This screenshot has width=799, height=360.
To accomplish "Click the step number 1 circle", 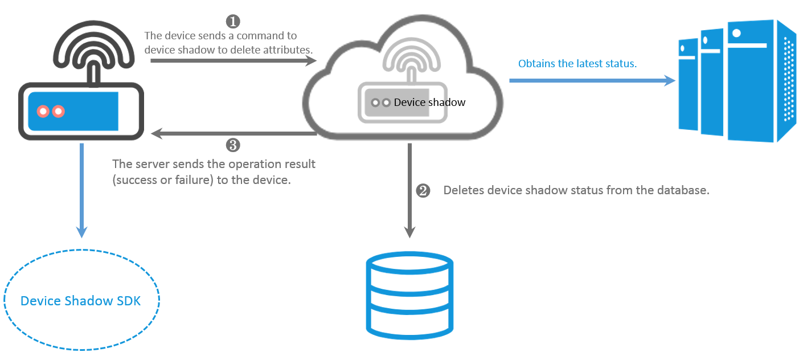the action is click(233, 22).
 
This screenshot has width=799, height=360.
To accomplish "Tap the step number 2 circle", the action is click(423, 190).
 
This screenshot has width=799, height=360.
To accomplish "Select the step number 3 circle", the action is click(233, 145).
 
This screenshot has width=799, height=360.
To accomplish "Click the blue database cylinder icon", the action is click(409, 296).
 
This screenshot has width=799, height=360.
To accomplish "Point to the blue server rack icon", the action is click(737, 81).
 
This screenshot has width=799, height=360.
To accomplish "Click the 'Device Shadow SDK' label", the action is click(81, 301).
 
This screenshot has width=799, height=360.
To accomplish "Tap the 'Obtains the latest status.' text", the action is click(577, 63).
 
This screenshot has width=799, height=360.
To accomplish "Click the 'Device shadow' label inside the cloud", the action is click(429, 103).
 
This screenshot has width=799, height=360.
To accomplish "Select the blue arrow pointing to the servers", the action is click(592, 81).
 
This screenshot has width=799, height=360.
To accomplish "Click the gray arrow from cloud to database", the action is click(409, 190).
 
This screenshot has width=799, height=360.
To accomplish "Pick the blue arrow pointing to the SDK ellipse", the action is click(81, 190).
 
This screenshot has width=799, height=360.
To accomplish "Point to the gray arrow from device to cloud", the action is click(233, 60).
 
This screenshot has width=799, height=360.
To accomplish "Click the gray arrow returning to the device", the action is click(233, 133).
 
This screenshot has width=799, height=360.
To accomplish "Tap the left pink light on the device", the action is click(43, 111).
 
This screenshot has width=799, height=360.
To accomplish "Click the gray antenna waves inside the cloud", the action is click(412, 54).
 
